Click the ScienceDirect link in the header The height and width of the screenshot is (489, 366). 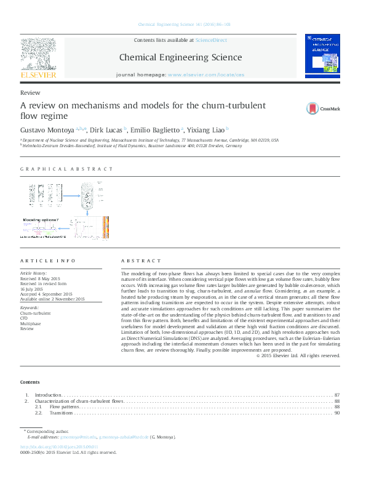210,40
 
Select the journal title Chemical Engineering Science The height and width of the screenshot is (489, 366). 180,57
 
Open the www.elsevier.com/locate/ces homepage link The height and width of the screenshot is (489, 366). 205,74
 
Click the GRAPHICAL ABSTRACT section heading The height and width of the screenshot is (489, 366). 66,169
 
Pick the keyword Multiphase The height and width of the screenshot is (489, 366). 31,323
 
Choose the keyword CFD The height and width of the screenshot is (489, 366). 25,318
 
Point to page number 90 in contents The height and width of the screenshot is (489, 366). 337,413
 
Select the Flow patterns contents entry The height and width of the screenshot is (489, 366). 64,407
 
